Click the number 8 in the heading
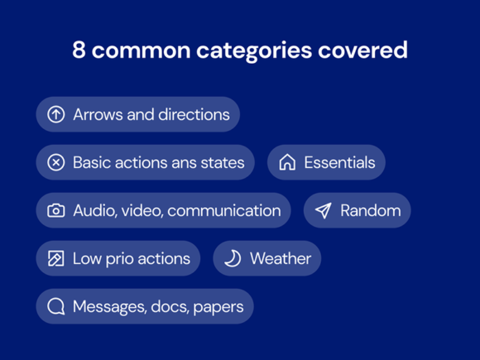79,50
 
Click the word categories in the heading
254,50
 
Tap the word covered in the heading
362,50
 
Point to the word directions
194,114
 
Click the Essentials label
339,162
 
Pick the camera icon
56,210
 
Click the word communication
224,210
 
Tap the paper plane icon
324,210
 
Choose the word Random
371,210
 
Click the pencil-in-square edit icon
56,259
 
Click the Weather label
281,258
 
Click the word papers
218,307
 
